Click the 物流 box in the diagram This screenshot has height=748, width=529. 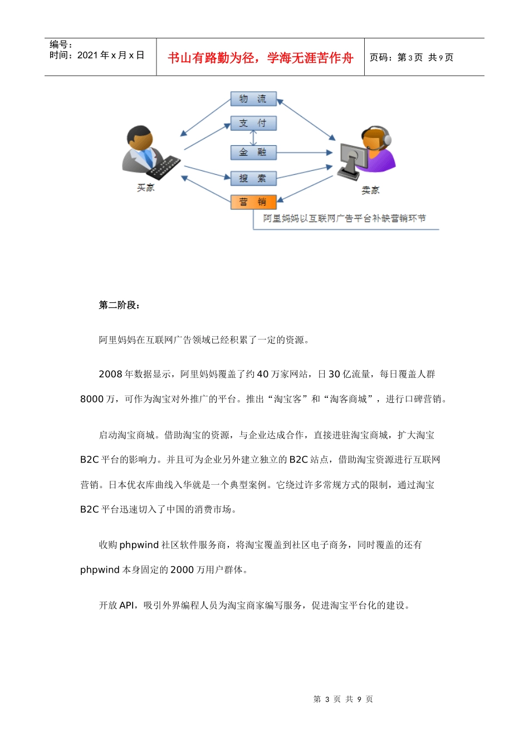[253, 99]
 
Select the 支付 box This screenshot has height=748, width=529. [253, 123]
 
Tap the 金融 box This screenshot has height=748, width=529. [253, 152]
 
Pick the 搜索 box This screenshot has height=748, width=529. [253, 178]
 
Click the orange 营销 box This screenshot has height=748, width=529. [253, 201]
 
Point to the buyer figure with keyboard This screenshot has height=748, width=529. [148, 153]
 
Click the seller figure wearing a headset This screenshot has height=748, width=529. [368, 152]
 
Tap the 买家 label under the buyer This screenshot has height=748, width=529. [146, 188]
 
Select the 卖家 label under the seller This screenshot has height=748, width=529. [370, 190]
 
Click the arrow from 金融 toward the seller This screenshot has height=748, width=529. [304, 152]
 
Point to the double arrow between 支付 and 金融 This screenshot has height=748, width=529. [253, 137]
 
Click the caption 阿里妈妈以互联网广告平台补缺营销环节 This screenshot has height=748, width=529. [344, 219]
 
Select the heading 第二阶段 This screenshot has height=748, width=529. [119, 305]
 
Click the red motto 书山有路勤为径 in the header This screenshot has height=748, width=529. [260, 58]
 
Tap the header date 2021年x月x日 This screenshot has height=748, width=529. [97, 56]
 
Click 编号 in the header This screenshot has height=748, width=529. [60, 45]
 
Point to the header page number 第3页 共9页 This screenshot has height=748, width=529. [412, 57]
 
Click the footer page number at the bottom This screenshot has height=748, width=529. [343, 699]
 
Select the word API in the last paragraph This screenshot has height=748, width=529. [127, 606]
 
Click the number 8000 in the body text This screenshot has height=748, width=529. [92, 399]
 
